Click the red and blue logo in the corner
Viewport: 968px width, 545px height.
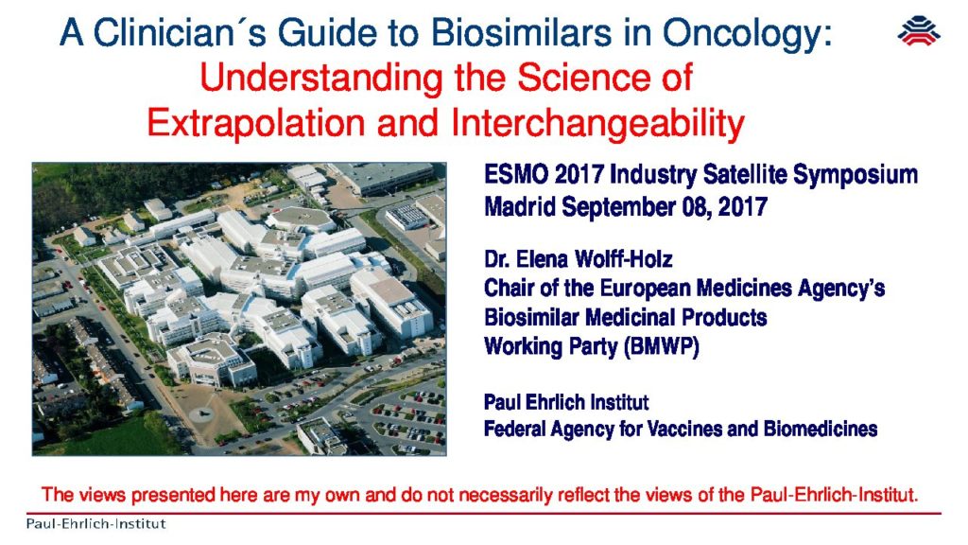pos(919,31)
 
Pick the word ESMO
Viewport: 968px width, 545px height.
pos(515,174)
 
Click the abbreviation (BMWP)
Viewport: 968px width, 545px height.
pos(661,346)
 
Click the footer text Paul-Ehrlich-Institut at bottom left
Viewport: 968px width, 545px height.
pos(95,524)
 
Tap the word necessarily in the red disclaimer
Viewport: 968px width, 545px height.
pos(506,495)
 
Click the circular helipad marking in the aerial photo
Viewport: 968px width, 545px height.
pos(203,413)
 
